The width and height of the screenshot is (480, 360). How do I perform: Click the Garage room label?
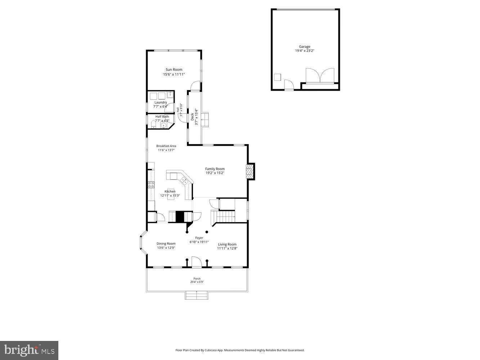pyautogui.click(x=304, y=46)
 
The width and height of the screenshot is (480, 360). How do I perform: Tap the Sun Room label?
pyautogui.click(x=174, y=69)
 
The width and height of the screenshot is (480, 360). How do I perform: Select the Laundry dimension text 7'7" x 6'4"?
pyautogui.click(x=161, y=107)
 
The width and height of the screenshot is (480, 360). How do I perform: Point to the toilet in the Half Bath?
pyautogui.click(x=154, y=125)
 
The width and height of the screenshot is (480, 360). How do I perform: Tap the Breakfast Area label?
pyautogui.click(x=166, y=146)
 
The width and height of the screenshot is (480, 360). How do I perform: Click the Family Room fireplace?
pyautogui.click(x=250, y=171)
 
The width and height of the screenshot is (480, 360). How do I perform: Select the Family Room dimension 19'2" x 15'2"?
pyautogui.click(x=215, y=173)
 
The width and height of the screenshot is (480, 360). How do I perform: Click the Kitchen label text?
pyautogui.click(x=170, y=191)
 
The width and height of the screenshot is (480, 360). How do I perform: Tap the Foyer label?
pyautogui.click(x=199, y=238)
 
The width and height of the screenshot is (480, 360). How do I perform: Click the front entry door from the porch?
pyautogui.click(x=196, y=262)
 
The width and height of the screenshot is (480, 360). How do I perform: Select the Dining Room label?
pyautogui.click(x=166, y=244)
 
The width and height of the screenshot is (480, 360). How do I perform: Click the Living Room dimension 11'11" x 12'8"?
pyautogui.click(x=227, y=248)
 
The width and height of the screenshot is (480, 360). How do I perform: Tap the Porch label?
pyautogui.click(x=197, y=279)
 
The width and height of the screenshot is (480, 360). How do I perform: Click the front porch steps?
pyautogui.click(x=197, y=296)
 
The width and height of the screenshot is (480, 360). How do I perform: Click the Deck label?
pyautogui.click(x=192, y=117)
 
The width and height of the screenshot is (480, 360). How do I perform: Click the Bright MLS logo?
pyautogui.click(x=29, y=350)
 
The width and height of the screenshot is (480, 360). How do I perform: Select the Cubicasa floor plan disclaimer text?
pyautogui.click(x=240, y=350)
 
